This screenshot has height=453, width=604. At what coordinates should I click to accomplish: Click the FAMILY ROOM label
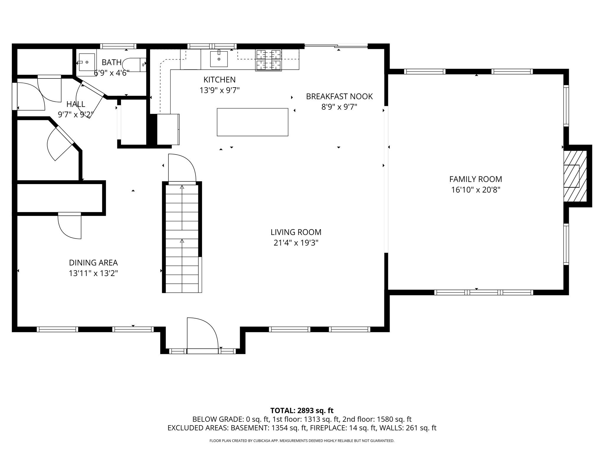pyautogui.click(x=475, y=179)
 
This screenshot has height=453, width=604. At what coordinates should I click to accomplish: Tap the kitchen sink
pyautogui.click(x=219, y=59)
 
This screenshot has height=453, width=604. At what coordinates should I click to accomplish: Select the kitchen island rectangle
pyautogui.click(x=252, y=122)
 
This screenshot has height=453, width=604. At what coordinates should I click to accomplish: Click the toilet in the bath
pyautogui.click(x=134, y=65)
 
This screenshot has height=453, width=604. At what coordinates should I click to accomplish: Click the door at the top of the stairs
pyautogui.click(x=182, y=169)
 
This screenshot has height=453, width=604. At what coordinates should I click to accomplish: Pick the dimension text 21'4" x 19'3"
pyautogui.click(x=296, y=243)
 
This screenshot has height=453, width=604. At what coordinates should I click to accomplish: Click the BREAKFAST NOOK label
pyautogui.click(x=339, y=96)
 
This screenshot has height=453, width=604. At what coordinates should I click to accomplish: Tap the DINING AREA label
pyautogui.click(x=93, y=262)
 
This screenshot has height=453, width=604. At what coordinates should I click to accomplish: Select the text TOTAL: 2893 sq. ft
pyautogui.click(x=302, y=411)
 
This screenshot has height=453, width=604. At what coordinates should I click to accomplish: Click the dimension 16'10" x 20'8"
pyautogui.click(x=475, y=190)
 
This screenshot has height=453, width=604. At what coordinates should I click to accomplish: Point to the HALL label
pyautogui.click(x=76, y=104)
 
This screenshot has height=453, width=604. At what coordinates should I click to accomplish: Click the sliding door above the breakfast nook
pyautogui.click(x=336, y=46)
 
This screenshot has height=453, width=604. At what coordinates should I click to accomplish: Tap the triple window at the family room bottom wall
pyautogui.click(x=483, y=292)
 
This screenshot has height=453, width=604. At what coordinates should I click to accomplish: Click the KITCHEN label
pyautogui.click(x=219, y=80)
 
